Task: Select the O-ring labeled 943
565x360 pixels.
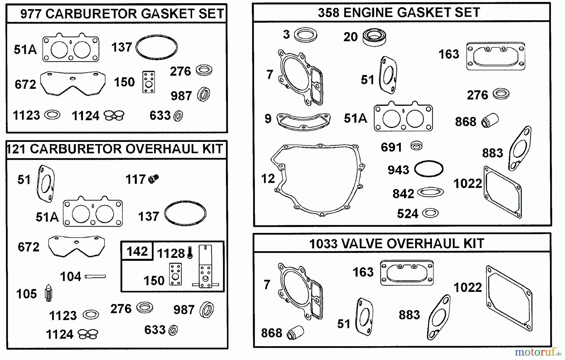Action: point(428,169)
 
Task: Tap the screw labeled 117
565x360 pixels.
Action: point(153,179)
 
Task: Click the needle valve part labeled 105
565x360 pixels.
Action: point(48,293)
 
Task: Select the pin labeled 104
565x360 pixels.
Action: point(95,277)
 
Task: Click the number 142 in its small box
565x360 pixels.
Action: point(137,251)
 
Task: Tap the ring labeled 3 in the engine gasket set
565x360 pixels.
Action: point(305,35)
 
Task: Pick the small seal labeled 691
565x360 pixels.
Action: point(417,146)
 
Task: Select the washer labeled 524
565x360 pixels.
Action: point(430,213)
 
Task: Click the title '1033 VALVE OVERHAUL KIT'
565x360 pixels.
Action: point(396,244)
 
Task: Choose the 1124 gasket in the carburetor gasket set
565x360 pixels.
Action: point(114,116)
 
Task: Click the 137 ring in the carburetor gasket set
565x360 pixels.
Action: point(156,47)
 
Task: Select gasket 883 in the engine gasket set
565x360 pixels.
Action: point(519,148)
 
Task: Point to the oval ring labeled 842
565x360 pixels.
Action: point(430,192)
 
